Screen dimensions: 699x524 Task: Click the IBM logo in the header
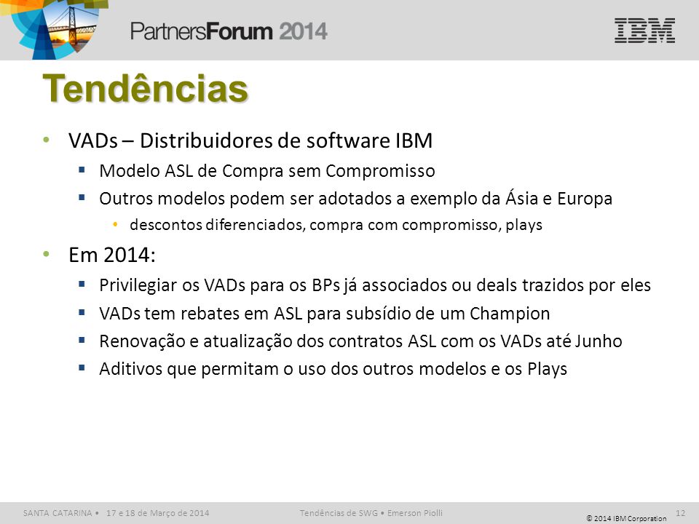tap(644, 31)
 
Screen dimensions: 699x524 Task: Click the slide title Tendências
tap(146, 88)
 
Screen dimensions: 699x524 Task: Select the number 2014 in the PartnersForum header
tap(303, 31)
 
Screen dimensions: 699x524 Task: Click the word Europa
tap(585, 199)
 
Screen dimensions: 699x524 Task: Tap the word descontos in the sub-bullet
tap(166, 225)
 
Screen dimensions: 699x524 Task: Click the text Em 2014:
tap(112, 255)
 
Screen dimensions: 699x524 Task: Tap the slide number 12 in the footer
tap(680, 513)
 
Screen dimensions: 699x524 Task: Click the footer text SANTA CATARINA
tap(58, 513)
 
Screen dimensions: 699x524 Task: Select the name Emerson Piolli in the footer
tap(414, 513)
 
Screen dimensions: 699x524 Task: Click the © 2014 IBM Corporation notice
tap(626, 518)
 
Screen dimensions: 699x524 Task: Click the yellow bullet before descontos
tap(116, 224)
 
